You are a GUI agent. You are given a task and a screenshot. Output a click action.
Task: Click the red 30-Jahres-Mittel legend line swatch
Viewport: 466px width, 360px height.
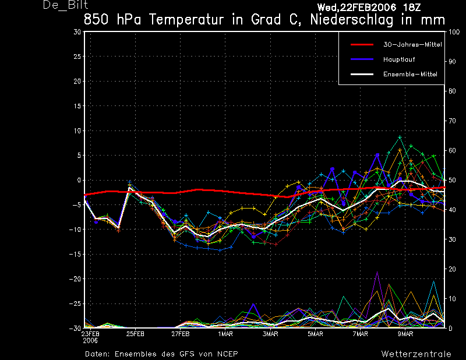[x=362, y=45]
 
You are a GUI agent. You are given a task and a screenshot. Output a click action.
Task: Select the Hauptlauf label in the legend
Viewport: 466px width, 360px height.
[x=399, y=59]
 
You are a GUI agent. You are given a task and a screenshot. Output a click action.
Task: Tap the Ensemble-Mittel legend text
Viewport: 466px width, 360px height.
[x=410, y=74]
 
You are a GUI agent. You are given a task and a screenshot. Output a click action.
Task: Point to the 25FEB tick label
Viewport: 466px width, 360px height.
[x=135, y=334]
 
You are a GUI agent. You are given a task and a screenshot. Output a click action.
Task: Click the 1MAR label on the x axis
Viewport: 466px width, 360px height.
[x=225, y=334]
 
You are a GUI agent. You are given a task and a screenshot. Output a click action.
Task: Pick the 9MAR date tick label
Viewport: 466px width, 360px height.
[x=405, y=334]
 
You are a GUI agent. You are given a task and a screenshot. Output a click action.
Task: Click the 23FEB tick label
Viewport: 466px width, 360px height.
[x=90, y=334]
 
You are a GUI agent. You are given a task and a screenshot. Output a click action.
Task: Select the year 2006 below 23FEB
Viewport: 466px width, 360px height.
[x=90, y=341]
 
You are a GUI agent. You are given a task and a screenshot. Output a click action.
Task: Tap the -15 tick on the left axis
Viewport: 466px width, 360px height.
[x=75, y=254]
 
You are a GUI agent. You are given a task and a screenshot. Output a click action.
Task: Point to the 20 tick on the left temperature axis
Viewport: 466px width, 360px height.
[x=77, y=81]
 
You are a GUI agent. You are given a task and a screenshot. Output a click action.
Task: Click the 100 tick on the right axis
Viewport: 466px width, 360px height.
[x=454, y=32]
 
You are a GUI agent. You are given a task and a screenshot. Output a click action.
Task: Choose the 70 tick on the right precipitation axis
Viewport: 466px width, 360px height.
[x=452, y=121]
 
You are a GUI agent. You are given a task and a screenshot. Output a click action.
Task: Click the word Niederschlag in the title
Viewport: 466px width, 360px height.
[x=352, y=20]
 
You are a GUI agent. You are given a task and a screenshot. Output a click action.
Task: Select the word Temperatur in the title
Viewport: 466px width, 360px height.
[x=186, y=20]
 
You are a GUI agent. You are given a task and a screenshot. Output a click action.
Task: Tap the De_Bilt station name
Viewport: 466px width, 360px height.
[x=65, y=5]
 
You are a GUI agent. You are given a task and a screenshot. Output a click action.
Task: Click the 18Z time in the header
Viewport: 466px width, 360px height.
[x=412, y=7]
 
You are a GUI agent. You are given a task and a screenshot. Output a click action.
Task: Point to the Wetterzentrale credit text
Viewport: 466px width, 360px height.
[x=416, y=354]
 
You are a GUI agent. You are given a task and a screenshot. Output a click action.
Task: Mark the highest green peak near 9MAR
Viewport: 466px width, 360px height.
[x=400, y=137]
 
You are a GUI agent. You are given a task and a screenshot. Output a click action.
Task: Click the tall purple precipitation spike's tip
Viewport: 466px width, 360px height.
[x=377, y=271]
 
